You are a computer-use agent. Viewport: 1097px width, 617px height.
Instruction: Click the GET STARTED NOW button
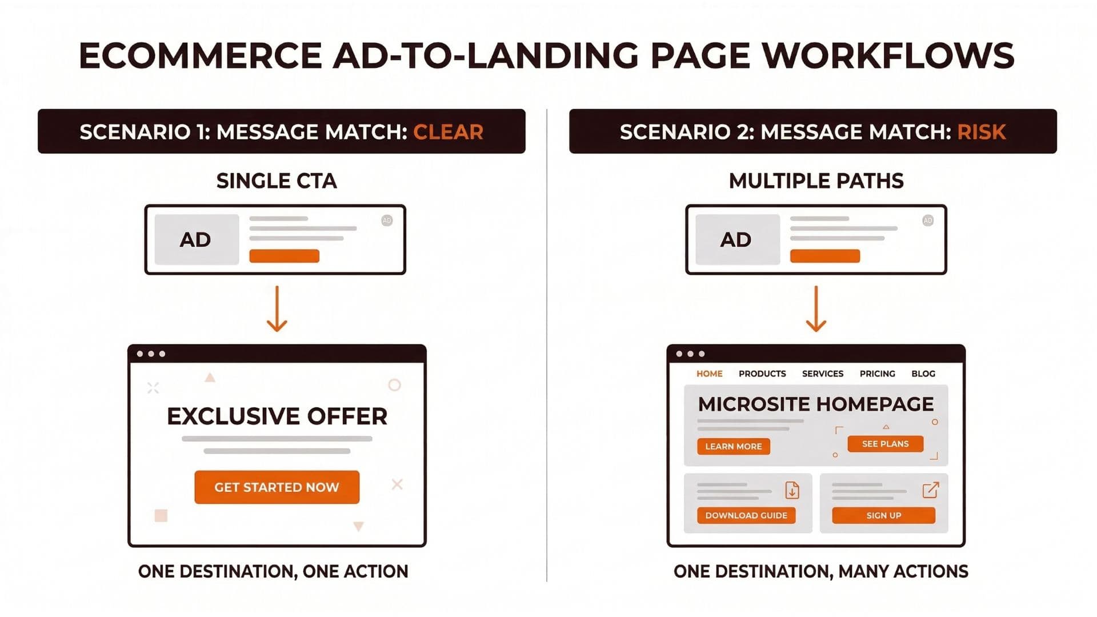[x=277, y=487]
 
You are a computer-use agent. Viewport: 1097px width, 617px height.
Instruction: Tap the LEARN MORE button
[x=733, y=446]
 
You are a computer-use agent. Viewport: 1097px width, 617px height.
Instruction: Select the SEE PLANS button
[x=885, y=444]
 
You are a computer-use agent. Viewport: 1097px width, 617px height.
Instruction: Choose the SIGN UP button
[x=883, y=515]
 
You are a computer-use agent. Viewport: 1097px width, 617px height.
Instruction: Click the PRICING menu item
[x=877, y=374]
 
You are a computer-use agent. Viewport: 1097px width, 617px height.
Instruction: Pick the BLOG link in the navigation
[x=923, y=374]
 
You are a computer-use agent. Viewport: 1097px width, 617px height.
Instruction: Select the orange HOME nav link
[x=709, y=374]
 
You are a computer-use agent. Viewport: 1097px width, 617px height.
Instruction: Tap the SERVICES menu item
[x=822, y=374]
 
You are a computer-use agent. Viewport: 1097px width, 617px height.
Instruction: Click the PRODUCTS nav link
[x=762, y=374]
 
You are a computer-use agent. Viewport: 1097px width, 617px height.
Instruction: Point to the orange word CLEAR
[x=448, y=132]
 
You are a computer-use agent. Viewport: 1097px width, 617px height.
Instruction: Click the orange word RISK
[x=981, y=132]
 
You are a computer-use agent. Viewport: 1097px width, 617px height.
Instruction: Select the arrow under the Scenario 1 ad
[x=277, y=309]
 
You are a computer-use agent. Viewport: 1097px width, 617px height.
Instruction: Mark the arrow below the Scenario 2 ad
[x=816, y=309]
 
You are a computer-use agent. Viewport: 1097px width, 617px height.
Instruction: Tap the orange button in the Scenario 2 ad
[x=824, y=256]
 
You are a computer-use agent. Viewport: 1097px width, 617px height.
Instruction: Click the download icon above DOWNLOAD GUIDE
[x=792, y=490]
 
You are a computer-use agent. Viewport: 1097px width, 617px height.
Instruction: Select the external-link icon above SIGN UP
[x=930, y=490]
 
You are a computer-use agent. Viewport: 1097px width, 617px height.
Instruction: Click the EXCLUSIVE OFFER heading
[x=277, y=416]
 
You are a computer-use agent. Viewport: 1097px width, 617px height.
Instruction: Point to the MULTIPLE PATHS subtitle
[x=816, y=181]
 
